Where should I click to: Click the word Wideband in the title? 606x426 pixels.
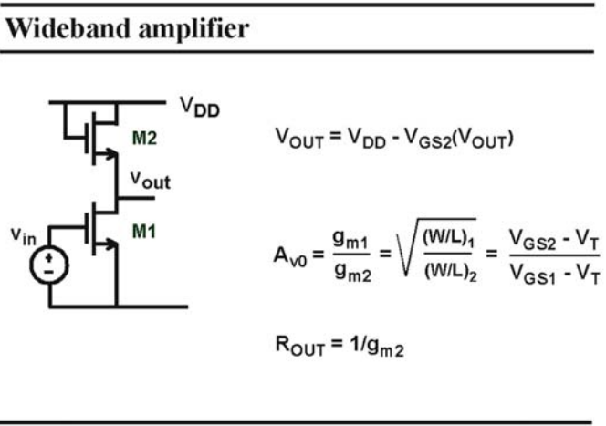(68, 28)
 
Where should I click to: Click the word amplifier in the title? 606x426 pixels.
(193, 30)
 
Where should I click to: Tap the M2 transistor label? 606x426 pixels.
(144, 138)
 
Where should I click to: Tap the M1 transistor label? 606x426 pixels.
(144, 231)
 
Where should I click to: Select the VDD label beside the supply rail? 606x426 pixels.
(200, 107)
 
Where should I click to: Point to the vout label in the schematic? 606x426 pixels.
(151, 180)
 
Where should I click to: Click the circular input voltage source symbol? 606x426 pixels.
(49, 265)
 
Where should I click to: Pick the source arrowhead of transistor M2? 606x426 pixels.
(110, 154)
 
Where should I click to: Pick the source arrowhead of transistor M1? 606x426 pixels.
(110, 244)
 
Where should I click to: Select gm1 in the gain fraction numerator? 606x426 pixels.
(351, 239)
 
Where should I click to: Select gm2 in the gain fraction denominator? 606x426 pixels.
(353, 272)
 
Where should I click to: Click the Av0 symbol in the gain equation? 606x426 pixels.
(290, 257)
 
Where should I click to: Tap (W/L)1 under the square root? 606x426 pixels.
(448, 239)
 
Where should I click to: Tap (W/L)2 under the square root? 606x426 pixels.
(451, 272)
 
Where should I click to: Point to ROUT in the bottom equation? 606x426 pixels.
(299, 345)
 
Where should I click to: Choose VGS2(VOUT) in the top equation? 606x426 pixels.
(459, 139)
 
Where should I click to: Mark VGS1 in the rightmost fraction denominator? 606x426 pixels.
(533, 274)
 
